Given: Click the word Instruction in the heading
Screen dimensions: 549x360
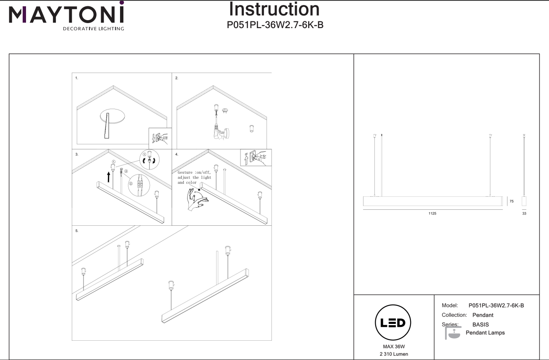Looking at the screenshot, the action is tap(274, 9).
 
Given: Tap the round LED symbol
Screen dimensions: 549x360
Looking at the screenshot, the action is tap(393, 323).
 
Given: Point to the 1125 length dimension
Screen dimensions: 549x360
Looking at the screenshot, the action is tap(432, 214).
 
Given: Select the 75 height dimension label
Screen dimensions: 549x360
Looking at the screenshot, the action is tap(512, 201).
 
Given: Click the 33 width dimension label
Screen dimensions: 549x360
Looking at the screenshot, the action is tap(524, 214).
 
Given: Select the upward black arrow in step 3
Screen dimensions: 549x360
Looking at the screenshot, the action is tap(109, 177).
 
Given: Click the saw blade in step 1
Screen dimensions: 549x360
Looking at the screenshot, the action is tap(107, 125).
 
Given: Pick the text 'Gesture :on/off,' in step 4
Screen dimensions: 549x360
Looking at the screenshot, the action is tap(194, 172).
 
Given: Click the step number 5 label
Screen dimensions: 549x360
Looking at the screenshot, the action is tap(77, 231).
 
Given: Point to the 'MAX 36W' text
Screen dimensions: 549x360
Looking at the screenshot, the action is tap(394, 347).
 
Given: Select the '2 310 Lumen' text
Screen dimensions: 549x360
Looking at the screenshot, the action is tap(394, 354).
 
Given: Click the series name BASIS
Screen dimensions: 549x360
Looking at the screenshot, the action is tap(481, 324).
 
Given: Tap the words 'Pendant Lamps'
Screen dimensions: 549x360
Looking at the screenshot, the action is tap(485, 333).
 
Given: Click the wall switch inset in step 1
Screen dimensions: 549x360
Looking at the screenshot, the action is tap(160, 138).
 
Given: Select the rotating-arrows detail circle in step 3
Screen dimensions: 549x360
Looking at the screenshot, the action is tap(149, 159).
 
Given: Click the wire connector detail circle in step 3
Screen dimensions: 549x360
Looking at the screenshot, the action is tap(139, 185).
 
